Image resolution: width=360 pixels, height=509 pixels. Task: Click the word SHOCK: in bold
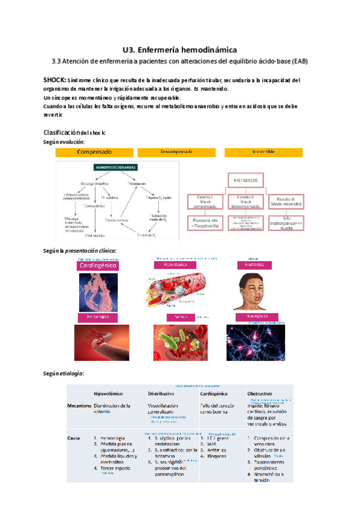(x=55, y=80)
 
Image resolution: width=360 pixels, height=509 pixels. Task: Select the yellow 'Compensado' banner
(x=94, y=152)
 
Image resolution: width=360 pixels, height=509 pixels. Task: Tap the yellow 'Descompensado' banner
(x=176, y=152)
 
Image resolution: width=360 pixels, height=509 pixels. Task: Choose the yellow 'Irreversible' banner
(x=263, y=152)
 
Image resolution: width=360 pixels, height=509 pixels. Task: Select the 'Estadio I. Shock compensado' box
(x=204, y=203)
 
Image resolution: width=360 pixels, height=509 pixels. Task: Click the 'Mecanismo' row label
(x=80, y=406)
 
